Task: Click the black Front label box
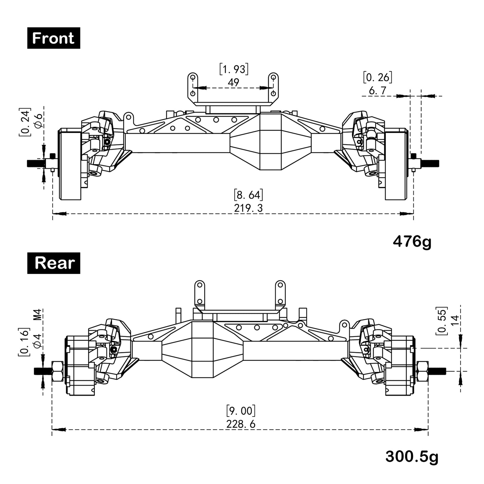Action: click(x=54, y=38)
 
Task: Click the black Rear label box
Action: click(x=54, y=263)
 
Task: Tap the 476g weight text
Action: click(x=412, y=242)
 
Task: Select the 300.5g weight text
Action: click(x=412, y=457)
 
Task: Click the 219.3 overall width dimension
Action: click(x=248, y=208)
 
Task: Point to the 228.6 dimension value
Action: click(x=241, y=424)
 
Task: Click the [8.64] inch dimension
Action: click(x=248, y=195)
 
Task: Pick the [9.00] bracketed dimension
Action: click(x=241, y=411)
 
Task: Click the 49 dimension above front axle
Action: click(x=234, y=82)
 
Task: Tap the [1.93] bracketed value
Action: click(x=234, y=69)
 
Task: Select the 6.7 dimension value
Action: click(x=377, y=91)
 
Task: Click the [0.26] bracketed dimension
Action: click(x=377, y=77)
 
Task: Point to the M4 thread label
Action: click(x=38, y=314)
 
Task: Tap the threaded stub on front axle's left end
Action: click(x=36, y=163)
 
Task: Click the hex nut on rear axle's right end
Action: click(x=422, y=371)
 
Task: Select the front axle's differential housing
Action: click(x=271, y=142)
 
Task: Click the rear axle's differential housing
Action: click(x=203, y=350)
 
